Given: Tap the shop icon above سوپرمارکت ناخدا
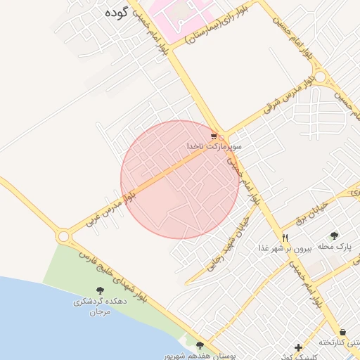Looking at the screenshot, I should [214, 136].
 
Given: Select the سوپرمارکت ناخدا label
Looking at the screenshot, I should [214, 146].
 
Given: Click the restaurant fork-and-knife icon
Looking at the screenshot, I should [285, 238].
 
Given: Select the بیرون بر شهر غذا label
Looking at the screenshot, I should [283, 248].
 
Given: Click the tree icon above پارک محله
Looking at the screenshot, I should [334, 236].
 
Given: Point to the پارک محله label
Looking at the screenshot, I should [333, 247].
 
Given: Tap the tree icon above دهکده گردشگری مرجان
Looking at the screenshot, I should [99, 290].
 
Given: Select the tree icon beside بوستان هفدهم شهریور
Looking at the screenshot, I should [200, 346].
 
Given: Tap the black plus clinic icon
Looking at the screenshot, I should [299, 347].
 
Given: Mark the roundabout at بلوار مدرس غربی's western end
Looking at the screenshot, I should [64, 236].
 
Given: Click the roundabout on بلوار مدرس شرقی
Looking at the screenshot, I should [321, 77].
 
